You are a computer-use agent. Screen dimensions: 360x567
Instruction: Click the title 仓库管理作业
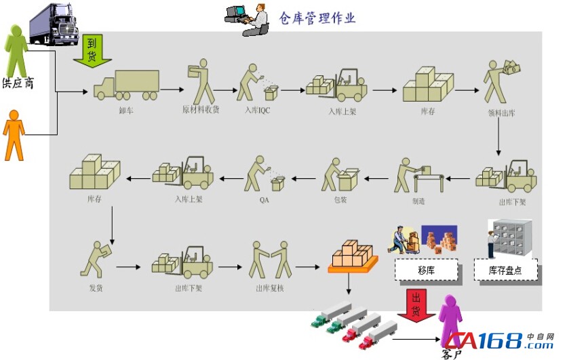tap(317, 18)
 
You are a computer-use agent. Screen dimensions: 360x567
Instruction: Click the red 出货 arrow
tap(415, 304)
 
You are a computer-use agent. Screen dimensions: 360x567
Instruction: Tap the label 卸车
tap(125, 110)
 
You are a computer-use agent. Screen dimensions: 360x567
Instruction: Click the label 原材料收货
tap(201, 109)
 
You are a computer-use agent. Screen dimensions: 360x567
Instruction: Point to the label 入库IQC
tap(258, 111)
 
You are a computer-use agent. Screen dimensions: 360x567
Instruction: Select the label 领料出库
tap(501, 113)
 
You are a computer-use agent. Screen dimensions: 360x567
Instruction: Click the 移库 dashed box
tap(425, 270)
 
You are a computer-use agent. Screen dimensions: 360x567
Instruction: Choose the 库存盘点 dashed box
tap(506, 270)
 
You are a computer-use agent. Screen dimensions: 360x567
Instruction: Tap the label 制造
tap(418, 200)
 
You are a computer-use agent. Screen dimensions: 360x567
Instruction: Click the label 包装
tap(340, 200)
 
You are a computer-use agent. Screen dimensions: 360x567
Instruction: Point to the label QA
tap(264, 200)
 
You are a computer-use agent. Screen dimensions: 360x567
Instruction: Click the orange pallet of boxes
tap(350, 258)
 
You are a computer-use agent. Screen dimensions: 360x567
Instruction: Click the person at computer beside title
tap(248, 18)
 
